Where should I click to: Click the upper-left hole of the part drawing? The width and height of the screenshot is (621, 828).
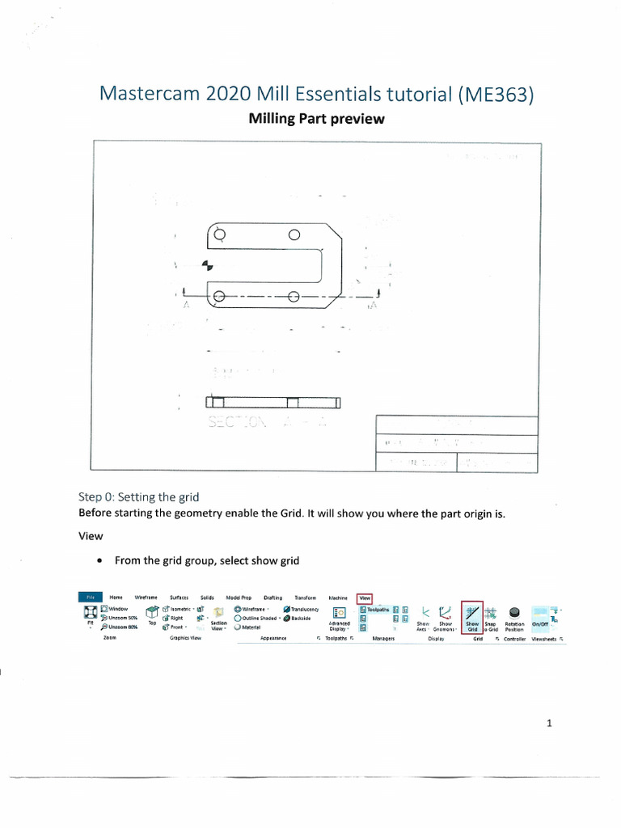(x=220, y=235)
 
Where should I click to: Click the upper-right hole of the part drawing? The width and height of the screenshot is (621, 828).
(x=294, y=235)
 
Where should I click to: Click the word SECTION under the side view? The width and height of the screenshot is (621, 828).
(x=237, y=422)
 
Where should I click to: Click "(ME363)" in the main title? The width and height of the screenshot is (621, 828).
(x=496, y=94)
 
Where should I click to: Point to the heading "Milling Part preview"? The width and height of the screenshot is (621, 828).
(x=316, y=119)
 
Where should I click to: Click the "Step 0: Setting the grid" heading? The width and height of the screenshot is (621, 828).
(x=138, y=496)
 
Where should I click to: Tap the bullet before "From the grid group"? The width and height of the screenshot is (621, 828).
(x=99, y=560)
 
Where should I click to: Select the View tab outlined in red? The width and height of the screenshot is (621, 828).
(x=364, y=598)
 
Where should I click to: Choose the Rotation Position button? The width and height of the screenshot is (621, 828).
(x=514, y=625)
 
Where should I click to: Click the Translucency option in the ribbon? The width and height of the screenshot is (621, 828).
(x=300, y=609)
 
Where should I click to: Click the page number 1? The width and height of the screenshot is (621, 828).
(x=550, y=723)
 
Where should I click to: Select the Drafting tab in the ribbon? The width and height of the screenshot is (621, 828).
(x=272, y=598)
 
